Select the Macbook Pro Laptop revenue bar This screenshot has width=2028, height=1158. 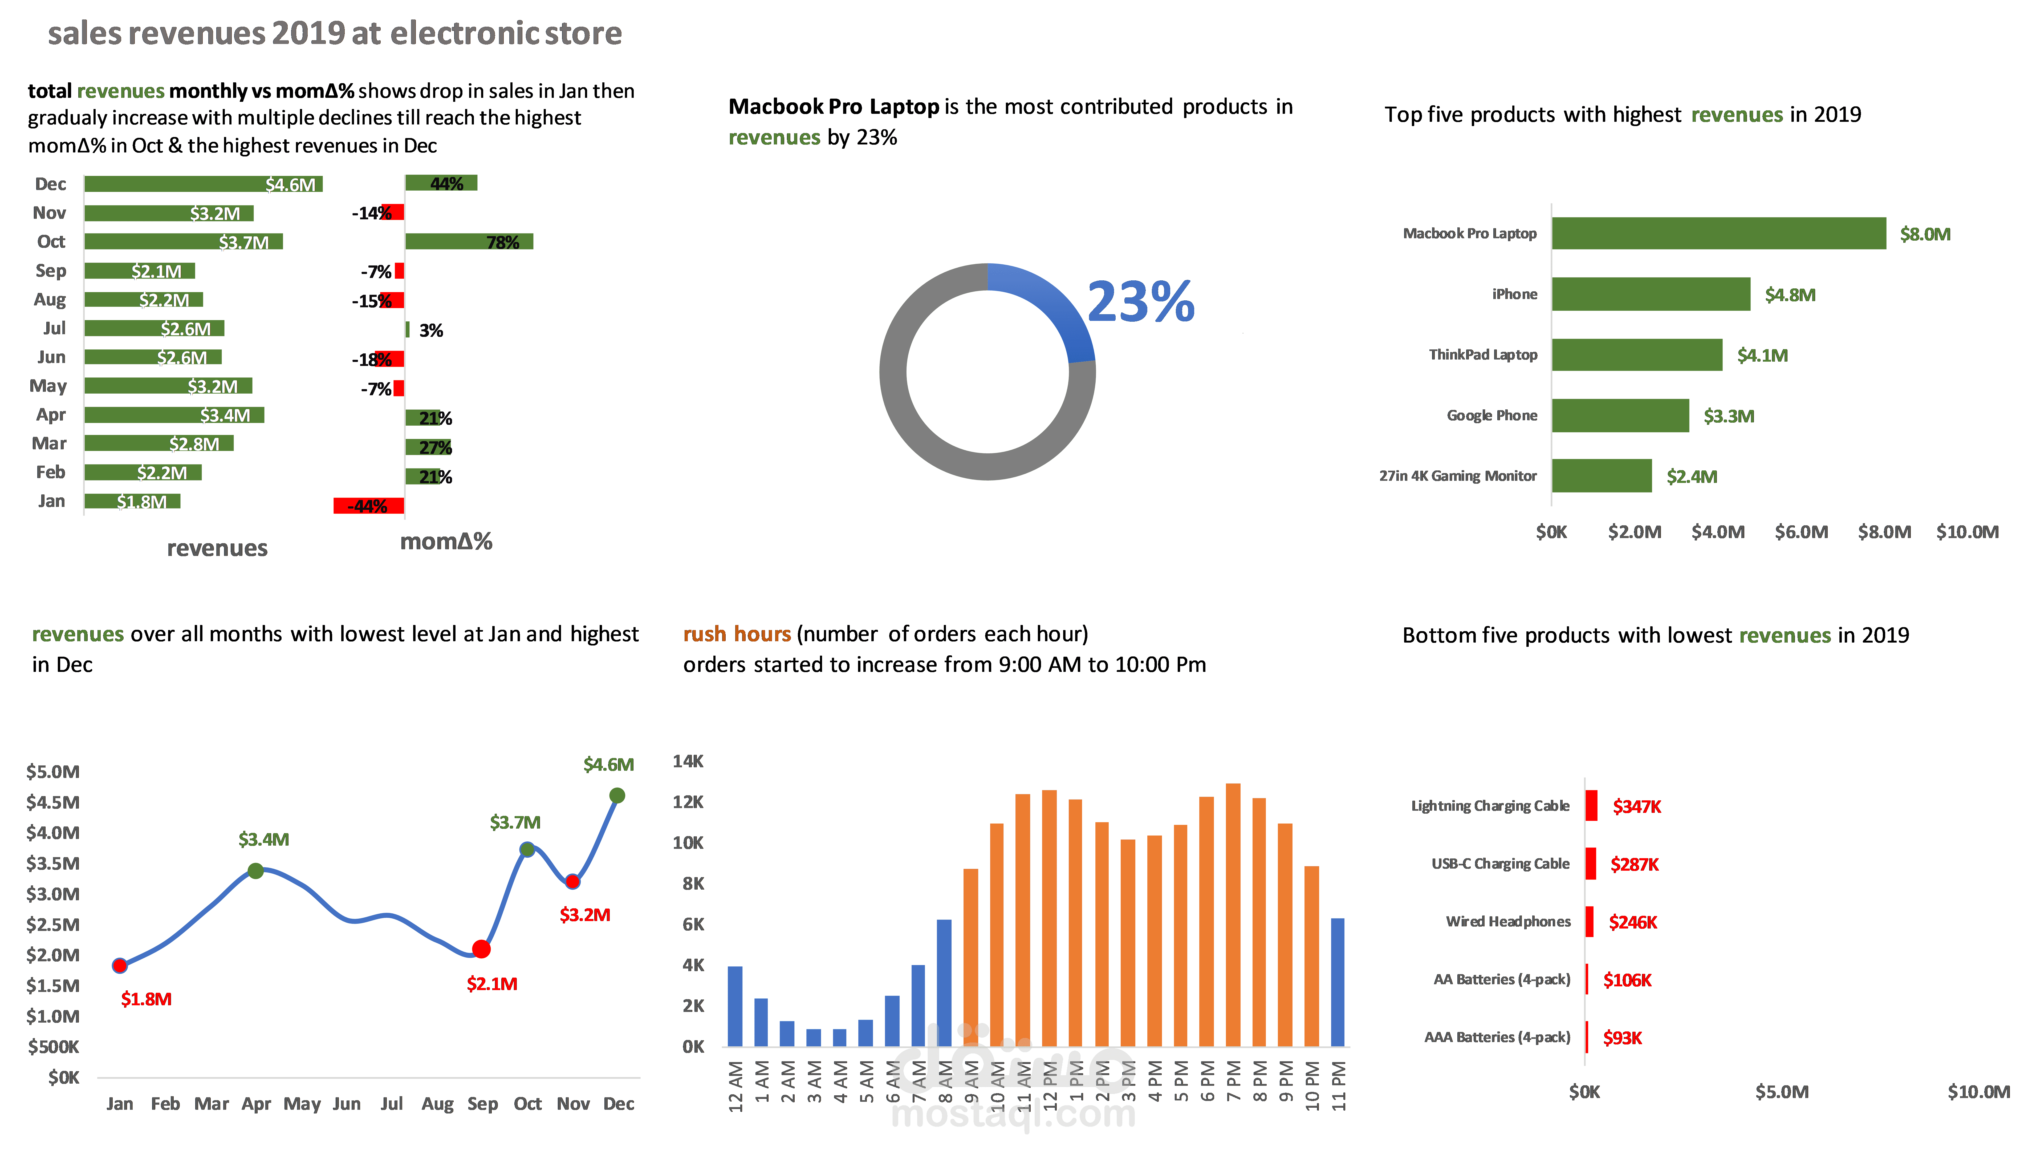pos(1717,233)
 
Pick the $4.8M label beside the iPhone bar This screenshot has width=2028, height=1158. pos(1790,295)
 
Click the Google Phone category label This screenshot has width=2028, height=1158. pos(1491,415)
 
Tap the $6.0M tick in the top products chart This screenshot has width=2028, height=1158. pos(1801,532)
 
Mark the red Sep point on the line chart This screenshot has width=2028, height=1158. pos(481,949)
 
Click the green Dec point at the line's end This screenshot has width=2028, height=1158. pos(617,795)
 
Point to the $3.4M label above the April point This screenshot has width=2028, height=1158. pos(263,839)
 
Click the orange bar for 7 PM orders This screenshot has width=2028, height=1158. pos(1233,915)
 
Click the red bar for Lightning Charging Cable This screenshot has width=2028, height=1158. pos(1591,806)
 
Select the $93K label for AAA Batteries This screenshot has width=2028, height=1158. pos(1622,1038)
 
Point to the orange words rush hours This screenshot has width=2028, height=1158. pos(737,634)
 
